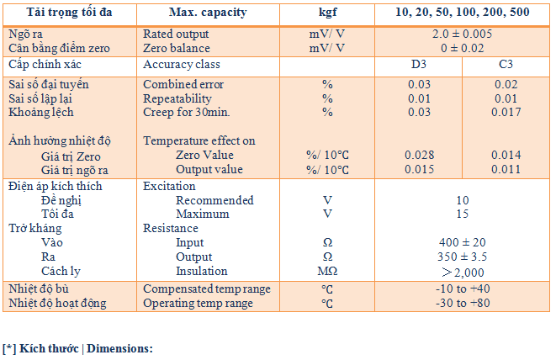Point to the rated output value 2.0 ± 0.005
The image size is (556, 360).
pos(461,34)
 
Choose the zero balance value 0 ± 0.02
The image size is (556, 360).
pos(461,48)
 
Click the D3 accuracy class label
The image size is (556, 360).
pos(418,65)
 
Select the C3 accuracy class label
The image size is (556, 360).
pos(506,65)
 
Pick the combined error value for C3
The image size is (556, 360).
pos(506,85)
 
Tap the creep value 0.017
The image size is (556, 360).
pos(506,113)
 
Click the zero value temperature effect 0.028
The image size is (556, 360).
pos(418,156)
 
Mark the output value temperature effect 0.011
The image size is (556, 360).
pos(506,170)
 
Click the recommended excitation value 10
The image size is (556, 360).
pos(462,200)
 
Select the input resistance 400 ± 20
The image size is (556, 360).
pos(462,242)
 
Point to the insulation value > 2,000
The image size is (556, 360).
pos(462,271)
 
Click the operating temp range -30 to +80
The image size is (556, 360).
pos(462,303)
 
